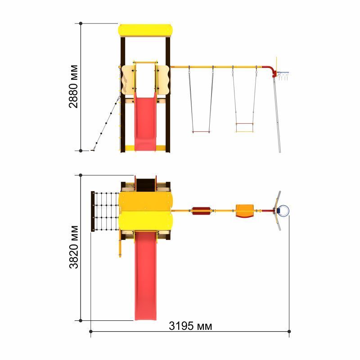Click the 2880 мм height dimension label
(73, 86)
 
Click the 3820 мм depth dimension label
(74, 247)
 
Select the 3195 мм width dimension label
(190, 326)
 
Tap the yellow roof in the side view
(145, 30)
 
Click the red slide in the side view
(145, 123)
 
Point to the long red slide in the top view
(145, 275)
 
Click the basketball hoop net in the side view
(283, 76)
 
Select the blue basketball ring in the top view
(284, 211)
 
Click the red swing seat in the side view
(201, 132)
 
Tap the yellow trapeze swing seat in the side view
(244, 128)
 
